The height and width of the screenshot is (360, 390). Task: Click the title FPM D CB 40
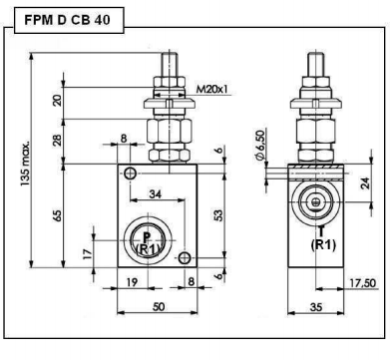(67, 20)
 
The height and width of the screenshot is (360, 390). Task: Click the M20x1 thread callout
(211, 90)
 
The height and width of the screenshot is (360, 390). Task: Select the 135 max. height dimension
(25, 164)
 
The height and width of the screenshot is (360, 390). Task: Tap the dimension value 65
(57, 215)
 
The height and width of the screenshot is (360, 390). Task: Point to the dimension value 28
(57, 140)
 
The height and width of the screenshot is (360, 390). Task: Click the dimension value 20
(57, 101)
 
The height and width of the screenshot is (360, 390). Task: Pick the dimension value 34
(155, 193)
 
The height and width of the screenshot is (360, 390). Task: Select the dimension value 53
(218, 215)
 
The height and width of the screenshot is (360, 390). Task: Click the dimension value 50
(159, 306)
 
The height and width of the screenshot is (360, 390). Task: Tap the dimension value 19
(132, 282)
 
